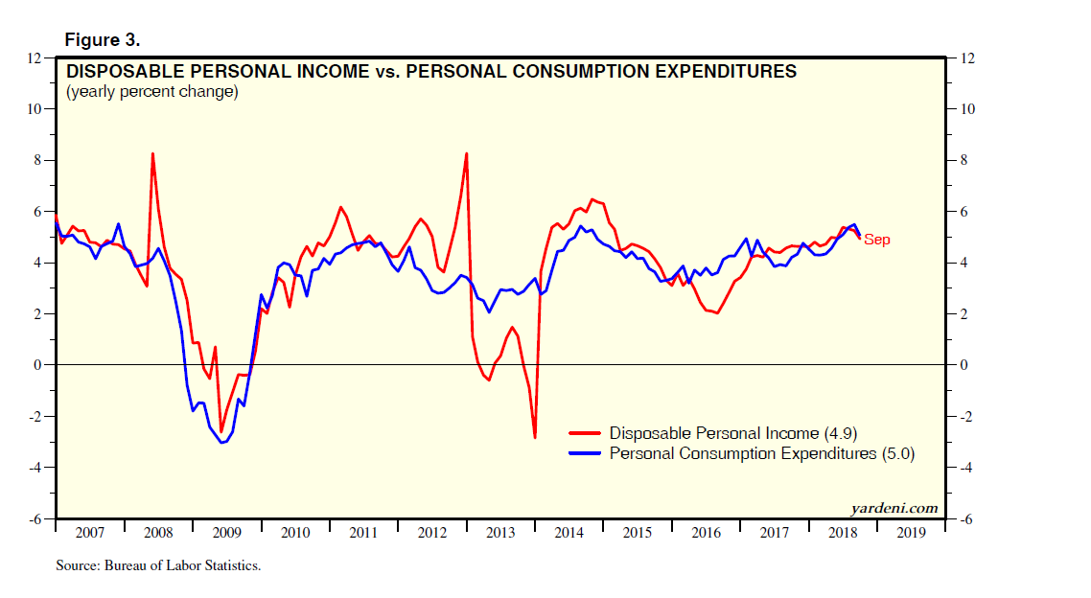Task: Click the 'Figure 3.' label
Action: point(102,40)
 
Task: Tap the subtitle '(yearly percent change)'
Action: point(151,92)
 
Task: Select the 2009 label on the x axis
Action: point(227,532)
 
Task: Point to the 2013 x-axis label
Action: point(501,532)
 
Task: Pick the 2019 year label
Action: point(912,532)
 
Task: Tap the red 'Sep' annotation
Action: point(876,240)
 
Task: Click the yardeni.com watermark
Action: point(894,509)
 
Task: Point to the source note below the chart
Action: point(158,566)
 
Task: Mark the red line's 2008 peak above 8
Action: point(153,154)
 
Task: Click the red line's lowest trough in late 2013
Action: point(535,437)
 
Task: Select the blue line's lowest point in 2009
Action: point(222,442)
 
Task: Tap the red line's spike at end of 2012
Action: point(466,154)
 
